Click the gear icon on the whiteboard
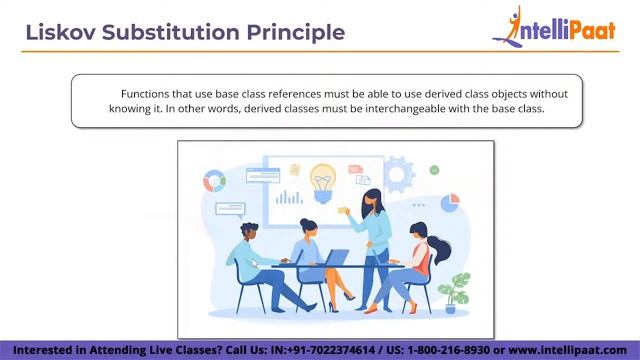click(x=399, y=173)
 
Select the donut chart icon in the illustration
click(x=214, y=181)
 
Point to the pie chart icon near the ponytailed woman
click(x=449, y=202)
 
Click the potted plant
click(x=458, y=293)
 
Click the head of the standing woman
click(x=371, y=197)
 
